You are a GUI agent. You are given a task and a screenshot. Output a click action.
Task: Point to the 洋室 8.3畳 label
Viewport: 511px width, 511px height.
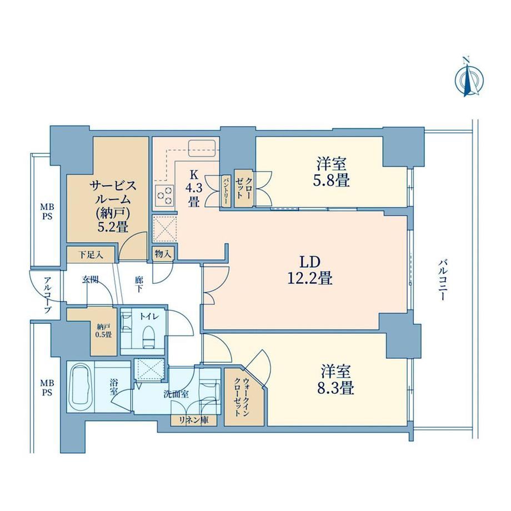click(335, 380)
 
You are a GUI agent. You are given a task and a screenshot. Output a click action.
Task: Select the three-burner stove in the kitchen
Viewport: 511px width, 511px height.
click(164, 195)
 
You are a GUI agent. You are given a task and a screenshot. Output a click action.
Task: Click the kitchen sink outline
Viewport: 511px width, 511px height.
click(202, 148)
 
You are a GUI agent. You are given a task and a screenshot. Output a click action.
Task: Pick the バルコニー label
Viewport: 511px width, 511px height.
click(442, 279)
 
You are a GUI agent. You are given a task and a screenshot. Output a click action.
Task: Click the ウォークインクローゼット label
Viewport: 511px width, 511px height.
click(242, 397)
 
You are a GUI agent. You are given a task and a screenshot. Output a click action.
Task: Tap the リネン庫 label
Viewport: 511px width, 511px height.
click(194, 420)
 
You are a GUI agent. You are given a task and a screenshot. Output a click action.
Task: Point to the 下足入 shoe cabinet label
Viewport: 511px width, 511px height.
click(91, 254)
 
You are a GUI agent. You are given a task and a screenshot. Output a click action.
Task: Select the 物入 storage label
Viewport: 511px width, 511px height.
click(163, 254)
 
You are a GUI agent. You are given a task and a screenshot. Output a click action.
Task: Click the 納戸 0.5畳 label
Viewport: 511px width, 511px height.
click(104, 330)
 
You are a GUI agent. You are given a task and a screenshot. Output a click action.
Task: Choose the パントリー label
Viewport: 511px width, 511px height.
click(225, 191)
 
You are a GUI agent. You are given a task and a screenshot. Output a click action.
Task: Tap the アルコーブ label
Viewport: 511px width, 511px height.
click(48, 294)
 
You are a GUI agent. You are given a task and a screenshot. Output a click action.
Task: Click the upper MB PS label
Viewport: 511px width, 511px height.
click(47, 212)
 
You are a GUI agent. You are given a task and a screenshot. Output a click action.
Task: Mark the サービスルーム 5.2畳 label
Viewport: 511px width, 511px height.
click(113, 206)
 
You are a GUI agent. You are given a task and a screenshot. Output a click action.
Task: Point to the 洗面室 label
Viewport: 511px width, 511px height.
click(176, 394)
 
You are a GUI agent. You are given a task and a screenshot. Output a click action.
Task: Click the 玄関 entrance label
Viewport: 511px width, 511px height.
click(91, 279)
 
